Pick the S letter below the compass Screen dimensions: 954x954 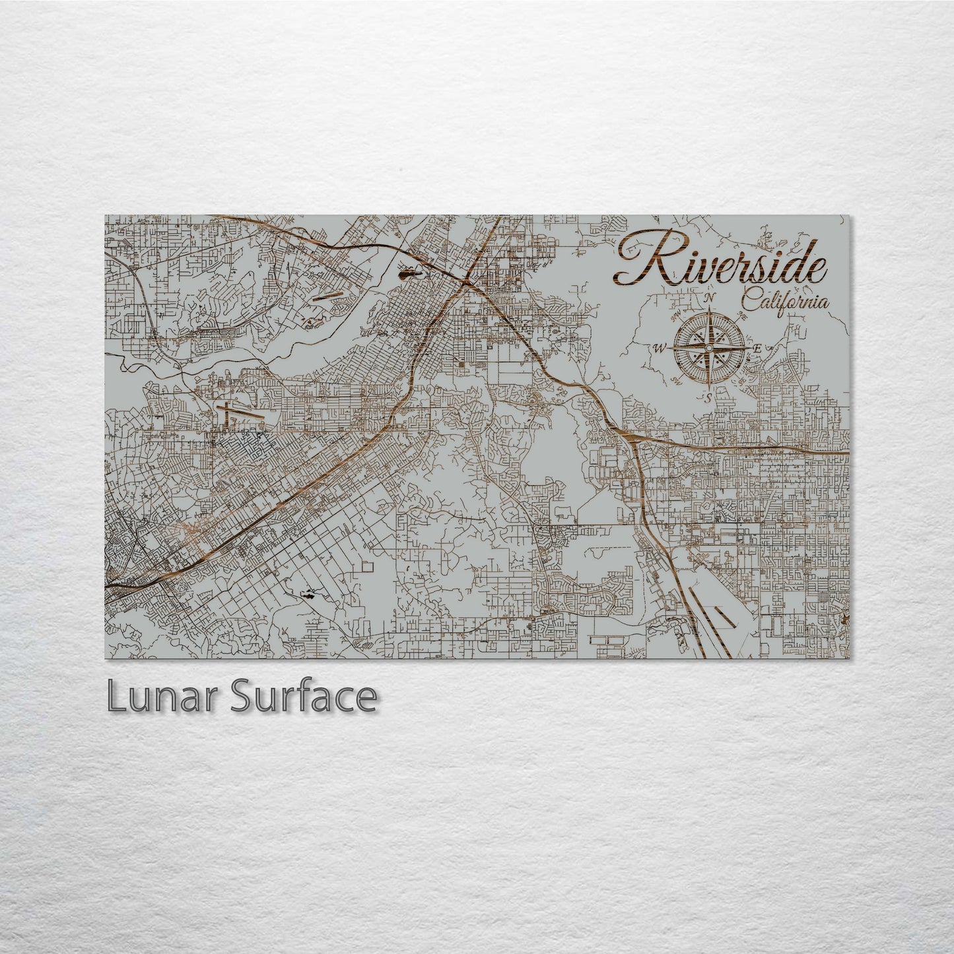[x=706, y=397]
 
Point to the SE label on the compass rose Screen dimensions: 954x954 [x=743, y=381]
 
